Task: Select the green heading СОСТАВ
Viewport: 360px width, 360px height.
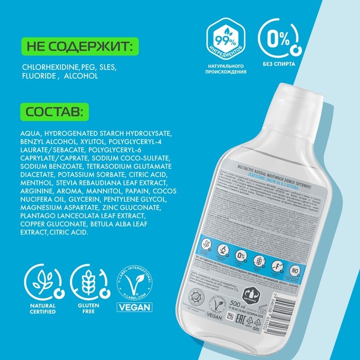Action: point(55,111)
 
